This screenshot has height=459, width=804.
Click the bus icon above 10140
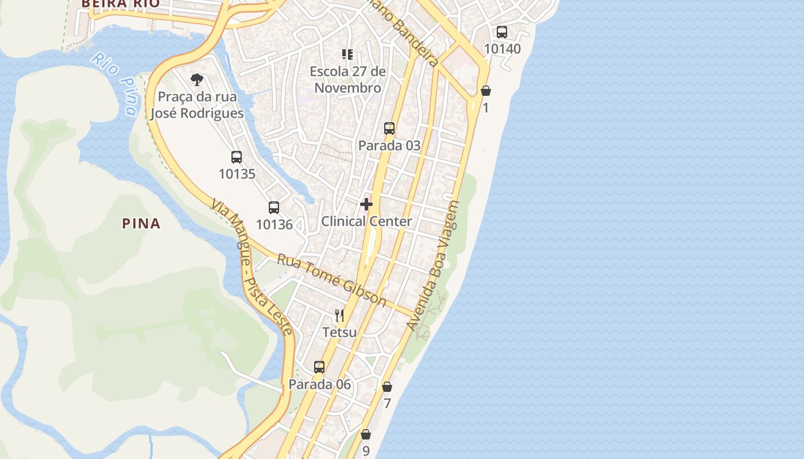(502, 32)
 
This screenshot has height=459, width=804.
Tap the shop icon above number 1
(486, 91)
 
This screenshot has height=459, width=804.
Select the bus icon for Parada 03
(389, 129)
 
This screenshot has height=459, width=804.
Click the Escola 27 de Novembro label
(347, 80)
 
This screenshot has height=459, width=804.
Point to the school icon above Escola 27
(347, 55)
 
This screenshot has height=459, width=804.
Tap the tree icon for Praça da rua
(197, 80)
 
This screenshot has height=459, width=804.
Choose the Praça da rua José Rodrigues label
(197, 105)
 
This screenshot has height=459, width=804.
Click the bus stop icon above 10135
(237, 157)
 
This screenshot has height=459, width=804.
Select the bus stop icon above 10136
(274, 208)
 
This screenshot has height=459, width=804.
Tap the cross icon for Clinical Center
(366, 204)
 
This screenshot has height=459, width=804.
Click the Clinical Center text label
(366, 221)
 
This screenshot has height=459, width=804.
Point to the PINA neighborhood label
(141, 224)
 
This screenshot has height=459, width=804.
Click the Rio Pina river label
(115, 83)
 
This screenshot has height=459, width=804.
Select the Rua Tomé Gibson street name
(331, 279)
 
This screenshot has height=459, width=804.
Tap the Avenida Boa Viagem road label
(434, 266)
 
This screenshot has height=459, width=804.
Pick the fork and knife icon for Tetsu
(339, 316)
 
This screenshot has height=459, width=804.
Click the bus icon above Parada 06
(319, 367)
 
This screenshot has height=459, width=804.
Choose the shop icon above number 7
(387, 387)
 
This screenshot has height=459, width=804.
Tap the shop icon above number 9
(366, 435)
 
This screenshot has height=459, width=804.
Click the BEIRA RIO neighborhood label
(119, 3)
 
